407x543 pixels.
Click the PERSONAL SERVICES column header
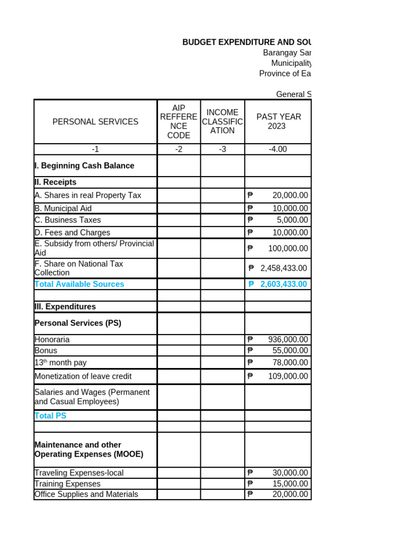click(95, 121)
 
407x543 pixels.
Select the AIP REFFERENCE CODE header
click(179, 121)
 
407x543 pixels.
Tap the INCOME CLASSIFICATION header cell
click(223, 121)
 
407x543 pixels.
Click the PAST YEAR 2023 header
click(278, 121)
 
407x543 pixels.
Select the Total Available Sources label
click(79, 284)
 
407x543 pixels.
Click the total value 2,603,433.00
click(284, 284)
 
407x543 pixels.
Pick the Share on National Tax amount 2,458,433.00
click(284, 268)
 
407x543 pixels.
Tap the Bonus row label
click(46, 351)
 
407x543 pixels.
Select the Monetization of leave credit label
click(83, 376)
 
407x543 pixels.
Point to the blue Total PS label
click(50, 416)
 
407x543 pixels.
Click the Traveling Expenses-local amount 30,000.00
click(290, 473)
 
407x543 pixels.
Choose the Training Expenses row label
click(67, 484)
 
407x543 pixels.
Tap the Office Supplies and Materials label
click(86, 494)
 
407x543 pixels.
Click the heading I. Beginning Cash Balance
click(84, 166)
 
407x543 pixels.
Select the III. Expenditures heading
click(65, 306)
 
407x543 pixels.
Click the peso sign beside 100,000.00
click(250, 248)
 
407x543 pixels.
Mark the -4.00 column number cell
click(278, 150)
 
